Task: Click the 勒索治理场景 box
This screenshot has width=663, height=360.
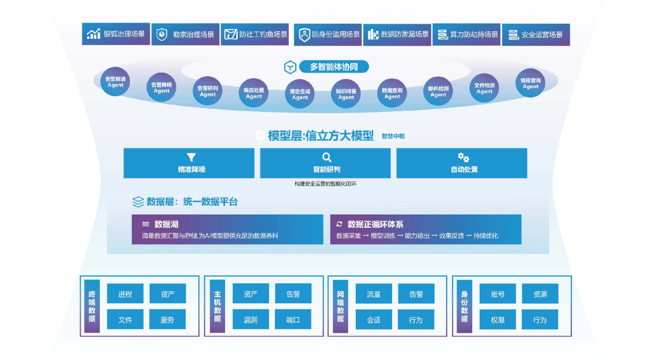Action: [x=186, y=35]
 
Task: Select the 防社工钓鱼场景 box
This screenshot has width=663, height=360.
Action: [x=255, y=35]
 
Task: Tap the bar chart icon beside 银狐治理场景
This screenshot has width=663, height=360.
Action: [x=93, y=34]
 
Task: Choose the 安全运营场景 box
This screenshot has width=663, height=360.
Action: [x=535, y=35]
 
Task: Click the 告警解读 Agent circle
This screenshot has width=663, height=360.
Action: [x=115, y=82]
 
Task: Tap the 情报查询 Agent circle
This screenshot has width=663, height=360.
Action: [x=530, y=83]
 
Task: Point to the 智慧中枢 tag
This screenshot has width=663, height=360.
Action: [x=394, y=136]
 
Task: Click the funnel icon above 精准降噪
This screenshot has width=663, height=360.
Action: [x=191, y=157]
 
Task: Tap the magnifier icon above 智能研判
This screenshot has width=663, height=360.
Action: [x=327, y=157]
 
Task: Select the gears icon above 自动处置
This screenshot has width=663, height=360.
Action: [x=463, y=157]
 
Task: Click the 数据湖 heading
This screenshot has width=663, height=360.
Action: [x=166, y=224]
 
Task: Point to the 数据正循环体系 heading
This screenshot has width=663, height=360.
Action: [x=375, y=224]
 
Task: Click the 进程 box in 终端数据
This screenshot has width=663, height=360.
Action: [x=125, y=294]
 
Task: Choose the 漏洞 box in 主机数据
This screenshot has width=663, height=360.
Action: [x=251, y=319]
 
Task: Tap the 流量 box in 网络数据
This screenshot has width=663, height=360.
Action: [x=374, y=294]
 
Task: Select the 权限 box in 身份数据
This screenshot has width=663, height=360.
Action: [x=498, y=319]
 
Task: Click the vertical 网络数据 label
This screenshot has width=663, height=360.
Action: [x=340, y=307]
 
